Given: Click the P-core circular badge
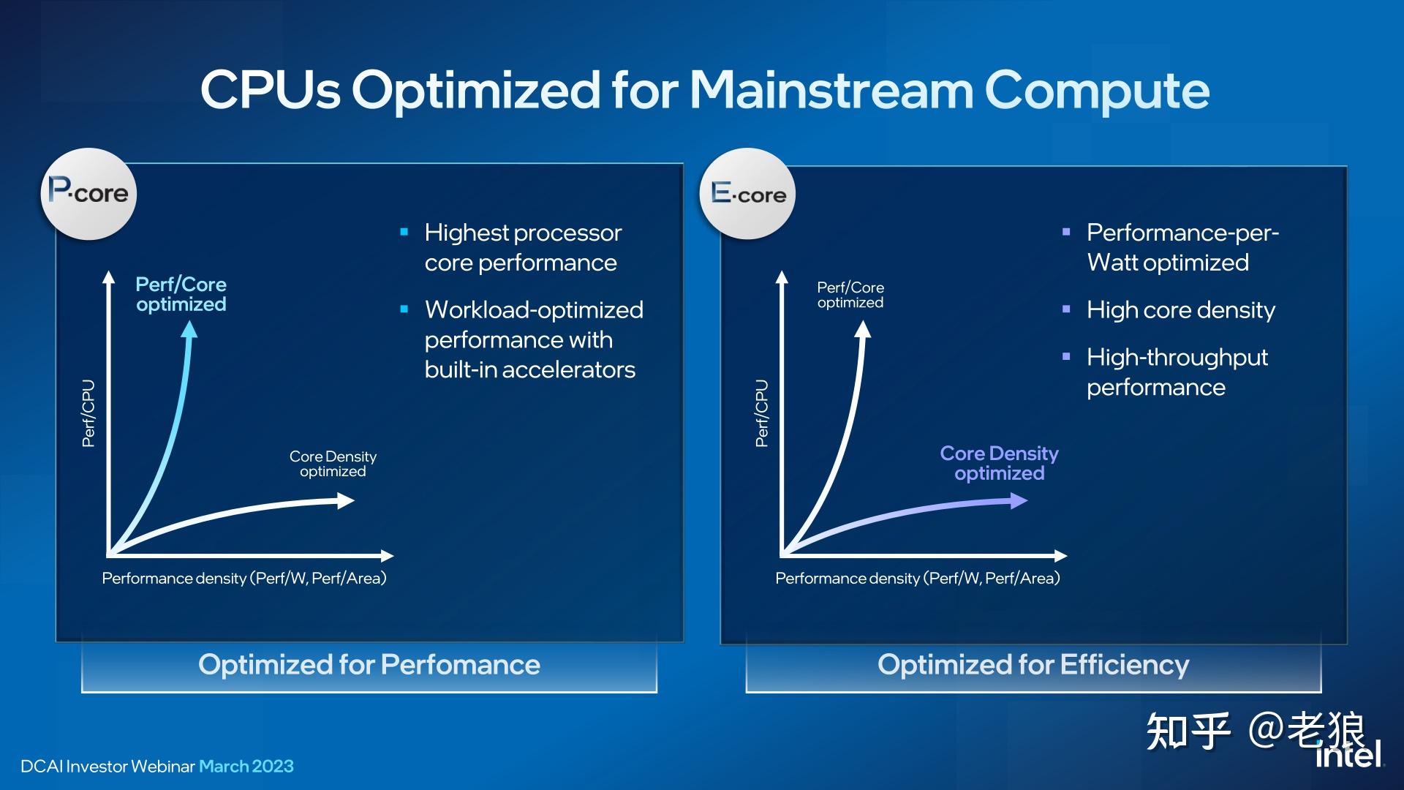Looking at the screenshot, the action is point(88,194).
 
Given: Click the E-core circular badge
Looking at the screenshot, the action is point(747,194).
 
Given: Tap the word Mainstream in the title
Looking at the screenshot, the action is point(831,90).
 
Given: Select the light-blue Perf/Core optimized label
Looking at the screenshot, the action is point(181,294).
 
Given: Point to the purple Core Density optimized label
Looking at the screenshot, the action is point(999,463).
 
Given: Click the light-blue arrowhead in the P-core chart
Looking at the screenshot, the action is point(189,329).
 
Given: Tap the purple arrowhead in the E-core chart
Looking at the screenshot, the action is point(1019,500).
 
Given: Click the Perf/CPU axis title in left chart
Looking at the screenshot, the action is point(88,413).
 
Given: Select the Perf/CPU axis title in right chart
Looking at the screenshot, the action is point(762,413).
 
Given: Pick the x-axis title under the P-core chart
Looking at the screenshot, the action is point(244,578).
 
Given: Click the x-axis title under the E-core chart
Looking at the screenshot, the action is point(918,578).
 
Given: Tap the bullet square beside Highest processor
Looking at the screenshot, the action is point(404,233).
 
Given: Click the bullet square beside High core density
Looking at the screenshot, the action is point(1066,309).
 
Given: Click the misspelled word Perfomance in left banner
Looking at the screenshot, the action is point(461,664).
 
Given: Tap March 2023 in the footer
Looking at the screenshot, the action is point(246,766).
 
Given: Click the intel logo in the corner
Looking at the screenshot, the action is point(1350,753).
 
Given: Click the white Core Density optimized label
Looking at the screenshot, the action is point(333,464).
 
